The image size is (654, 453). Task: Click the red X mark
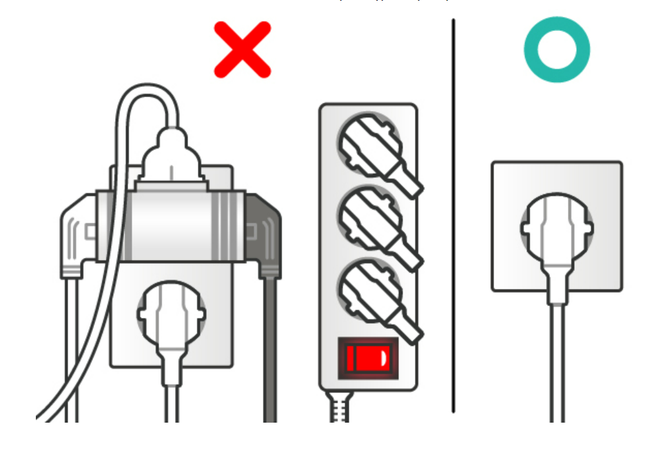point(242,50)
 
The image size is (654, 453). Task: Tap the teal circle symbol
point(556,50)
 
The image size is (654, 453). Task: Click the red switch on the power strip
point(367,358)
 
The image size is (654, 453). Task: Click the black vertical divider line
point(453,214)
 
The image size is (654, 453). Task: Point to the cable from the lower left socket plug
point(172,393)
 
